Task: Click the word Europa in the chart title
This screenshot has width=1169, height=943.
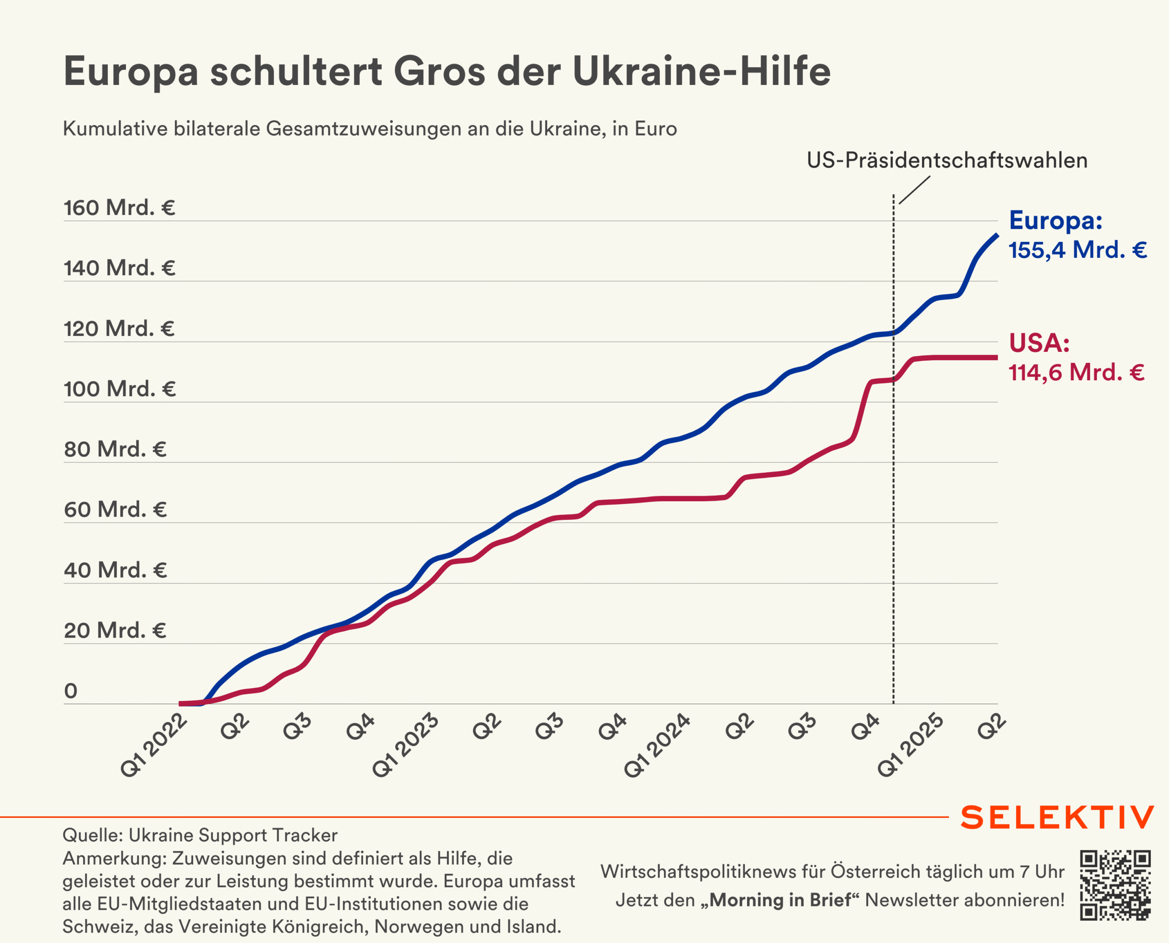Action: coord(131,72)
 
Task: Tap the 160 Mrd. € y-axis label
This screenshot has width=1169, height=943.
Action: coord(119,208)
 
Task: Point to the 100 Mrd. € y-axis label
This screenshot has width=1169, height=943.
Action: coord(120,389)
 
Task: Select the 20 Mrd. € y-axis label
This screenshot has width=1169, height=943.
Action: coord(115,630)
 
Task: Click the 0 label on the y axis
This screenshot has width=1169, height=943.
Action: coord(71,691)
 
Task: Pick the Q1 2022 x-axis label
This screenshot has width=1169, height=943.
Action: coord(154,745)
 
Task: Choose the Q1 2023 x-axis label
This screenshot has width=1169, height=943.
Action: coord(405,745)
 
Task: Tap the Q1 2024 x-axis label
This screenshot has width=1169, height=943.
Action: coord(657,745)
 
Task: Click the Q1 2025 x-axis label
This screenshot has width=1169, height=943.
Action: coord(911,745)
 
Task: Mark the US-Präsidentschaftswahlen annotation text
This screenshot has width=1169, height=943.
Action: coord(947,160)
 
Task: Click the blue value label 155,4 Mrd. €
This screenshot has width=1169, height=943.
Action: coord(1077,250)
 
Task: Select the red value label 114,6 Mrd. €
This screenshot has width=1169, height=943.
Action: coord(1076,372)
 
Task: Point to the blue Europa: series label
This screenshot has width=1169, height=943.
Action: coord(1055,220)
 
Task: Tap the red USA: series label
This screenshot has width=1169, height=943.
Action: coord(1039,343)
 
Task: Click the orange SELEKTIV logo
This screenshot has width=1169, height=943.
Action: coord(1057,817)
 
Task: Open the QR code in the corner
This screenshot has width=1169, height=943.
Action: coord(1115,885)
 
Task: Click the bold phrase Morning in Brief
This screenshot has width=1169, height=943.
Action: coord(780,900)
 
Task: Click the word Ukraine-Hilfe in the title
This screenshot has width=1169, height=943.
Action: coord(701,72)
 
